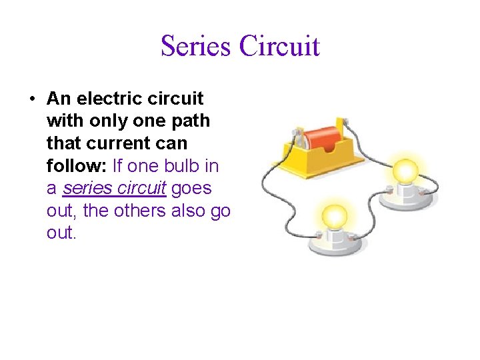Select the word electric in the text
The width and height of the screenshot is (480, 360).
[x=108, y=99]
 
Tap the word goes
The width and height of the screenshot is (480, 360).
[x=191, y=188]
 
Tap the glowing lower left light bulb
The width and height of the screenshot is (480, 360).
[x=334, y=217]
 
